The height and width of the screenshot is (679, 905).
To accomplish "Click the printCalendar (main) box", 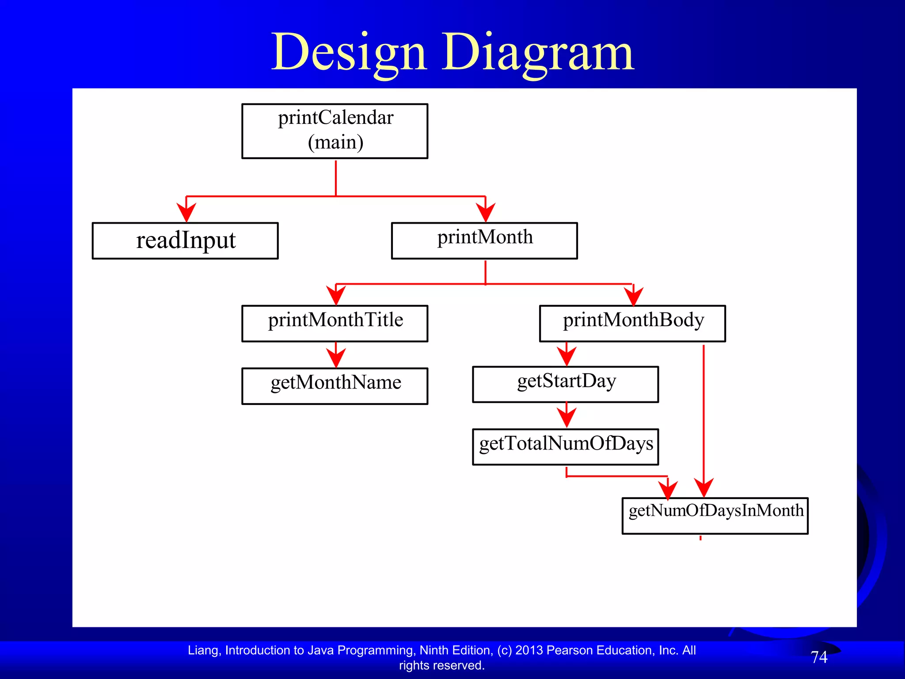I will tap(335, 131).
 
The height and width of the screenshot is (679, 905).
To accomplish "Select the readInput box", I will tap(185, 240).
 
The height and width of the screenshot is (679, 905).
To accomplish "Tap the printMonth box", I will tap(484, 240).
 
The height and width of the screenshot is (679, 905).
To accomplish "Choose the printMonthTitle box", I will tap(335, 323).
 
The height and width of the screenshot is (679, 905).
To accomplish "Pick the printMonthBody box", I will tap(632, 323).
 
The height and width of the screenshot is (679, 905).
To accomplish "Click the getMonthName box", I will tap(335, 386).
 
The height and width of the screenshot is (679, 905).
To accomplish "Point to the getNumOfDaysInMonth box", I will tap(715, 515).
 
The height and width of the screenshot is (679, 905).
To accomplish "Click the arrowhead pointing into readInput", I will tap(186, 212).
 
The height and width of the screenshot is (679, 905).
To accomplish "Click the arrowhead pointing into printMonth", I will tap(485, 212).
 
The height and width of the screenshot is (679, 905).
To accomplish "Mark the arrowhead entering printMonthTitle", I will tap(336, 295).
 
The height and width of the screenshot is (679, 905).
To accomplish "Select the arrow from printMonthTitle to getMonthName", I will tap(336, 355).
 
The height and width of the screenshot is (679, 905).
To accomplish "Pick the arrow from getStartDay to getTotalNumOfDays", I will tap(566, 416).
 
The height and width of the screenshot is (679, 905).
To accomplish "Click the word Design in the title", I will tap(349, 53).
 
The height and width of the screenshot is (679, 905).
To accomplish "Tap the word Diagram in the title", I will tap(538, 53).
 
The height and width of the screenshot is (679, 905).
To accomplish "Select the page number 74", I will tap(819, 657).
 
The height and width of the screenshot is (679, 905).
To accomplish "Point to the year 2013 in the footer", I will tap(529, 650).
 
